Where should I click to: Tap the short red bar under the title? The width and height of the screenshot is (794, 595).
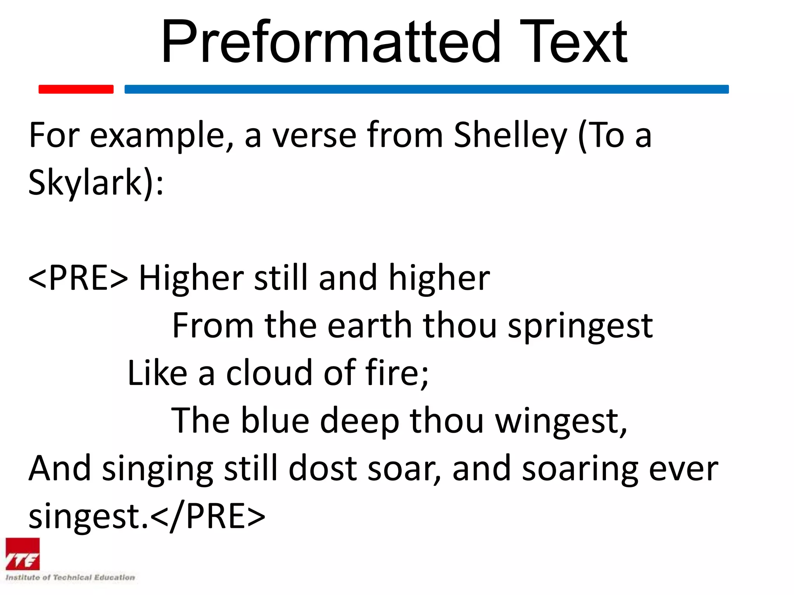point(76,89)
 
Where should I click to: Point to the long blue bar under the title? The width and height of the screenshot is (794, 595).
point(426,89)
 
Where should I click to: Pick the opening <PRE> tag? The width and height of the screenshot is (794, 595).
point(78,278)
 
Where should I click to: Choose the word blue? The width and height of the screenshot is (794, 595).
point(275,421)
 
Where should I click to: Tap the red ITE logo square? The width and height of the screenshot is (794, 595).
point(22,554)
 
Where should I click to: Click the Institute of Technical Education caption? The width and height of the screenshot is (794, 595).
point(70,578)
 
